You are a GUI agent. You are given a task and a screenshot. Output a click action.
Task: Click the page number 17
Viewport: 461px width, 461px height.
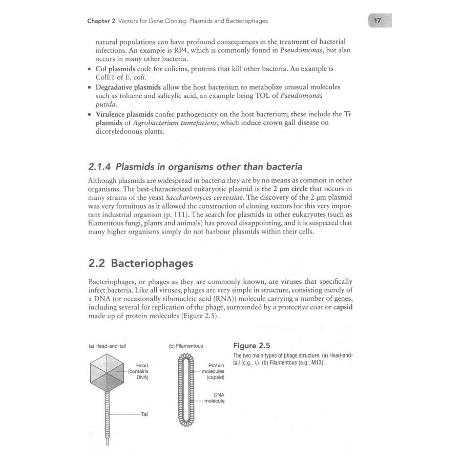[378, 21]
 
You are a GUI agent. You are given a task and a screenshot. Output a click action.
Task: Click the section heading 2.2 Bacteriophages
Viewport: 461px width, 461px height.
[141, 263]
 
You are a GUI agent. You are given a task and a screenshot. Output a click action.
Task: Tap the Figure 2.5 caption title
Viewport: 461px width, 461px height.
[252, 345]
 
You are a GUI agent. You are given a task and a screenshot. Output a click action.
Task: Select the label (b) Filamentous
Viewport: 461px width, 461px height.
[185, 346]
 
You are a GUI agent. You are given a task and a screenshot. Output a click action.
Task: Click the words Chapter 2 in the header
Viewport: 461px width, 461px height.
[101, 22]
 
